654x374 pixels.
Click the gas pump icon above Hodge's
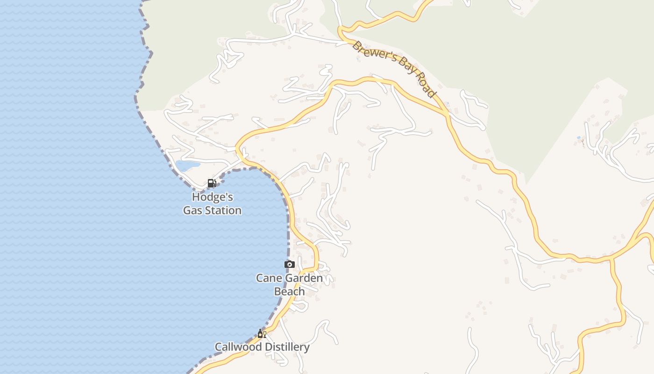coord(212,183)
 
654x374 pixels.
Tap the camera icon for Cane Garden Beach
coord(290,265)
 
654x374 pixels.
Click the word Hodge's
coord(212,197)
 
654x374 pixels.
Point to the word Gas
coord(192,210)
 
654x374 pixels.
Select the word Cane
coord(269,278)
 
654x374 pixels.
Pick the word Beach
coord(289,291)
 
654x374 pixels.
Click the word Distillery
coord(287,347)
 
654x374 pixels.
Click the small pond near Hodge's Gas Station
coord(187,165)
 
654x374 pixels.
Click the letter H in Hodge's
coord(196,197)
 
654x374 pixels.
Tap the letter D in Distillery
coord(267,347)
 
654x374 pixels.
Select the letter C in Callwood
coord(218,347)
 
